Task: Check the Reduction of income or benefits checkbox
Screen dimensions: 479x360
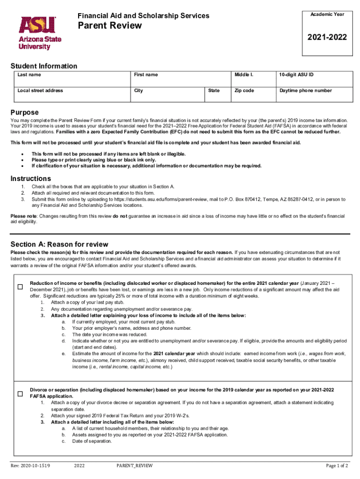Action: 20,287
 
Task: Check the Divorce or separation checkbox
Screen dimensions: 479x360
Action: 20,394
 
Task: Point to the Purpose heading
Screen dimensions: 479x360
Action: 25,113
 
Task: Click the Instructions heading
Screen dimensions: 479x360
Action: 31,179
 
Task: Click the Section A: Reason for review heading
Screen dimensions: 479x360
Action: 59,244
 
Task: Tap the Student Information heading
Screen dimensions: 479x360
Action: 44,66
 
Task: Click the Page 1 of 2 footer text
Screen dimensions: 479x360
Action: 337,465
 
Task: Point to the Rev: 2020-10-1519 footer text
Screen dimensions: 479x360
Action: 31,465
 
